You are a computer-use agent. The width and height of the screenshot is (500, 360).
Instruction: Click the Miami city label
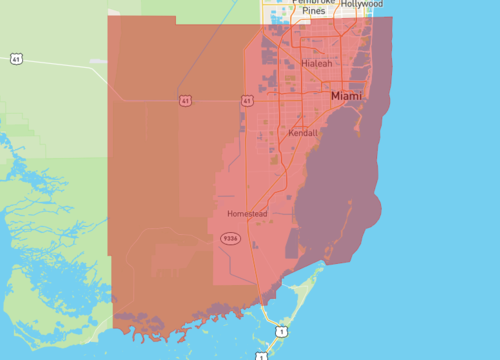pyautogui.click(x=346, y=96)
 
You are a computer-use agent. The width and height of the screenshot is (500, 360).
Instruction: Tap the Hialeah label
pyautogui.click(x=317, y=63)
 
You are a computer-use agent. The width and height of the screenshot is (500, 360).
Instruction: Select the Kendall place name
pyautogui.click(x=303, y=133)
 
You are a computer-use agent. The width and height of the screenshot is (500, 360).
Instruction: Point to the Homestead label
pyautogui.click(x=247, y=214)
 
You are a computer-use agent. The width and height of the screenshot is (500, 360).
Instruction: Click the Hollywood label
pyautogui.click(x=361, y=4)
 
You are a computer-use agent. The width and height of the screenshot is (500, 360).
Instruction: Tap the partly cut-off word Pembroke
pyautogui.click(x=313, y=2)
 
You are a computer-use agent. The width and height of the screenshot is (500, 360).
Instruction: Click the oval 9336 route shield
pyautogui.click(x=229, y=240)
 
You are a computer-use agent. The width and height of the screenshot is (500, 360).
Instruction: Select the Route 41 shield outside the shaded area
pyautogui.click(x=17, y=59)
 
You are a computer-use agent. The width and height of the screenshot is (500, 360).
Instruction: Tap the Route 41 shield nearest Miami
pyautogui.click(x=246, y=101)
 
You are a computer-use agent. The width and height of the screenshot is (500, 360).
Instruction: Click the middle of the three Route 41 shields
pyautogui.click(x=186, y=101)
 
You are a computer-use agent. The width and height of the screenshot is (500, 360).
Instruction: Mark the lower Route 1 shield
pyautogui.click(x=260, y=355)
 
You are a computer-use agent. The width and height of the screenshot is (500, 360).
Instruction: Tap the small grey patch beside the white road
pyautogui.click(x=97, y=62)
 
